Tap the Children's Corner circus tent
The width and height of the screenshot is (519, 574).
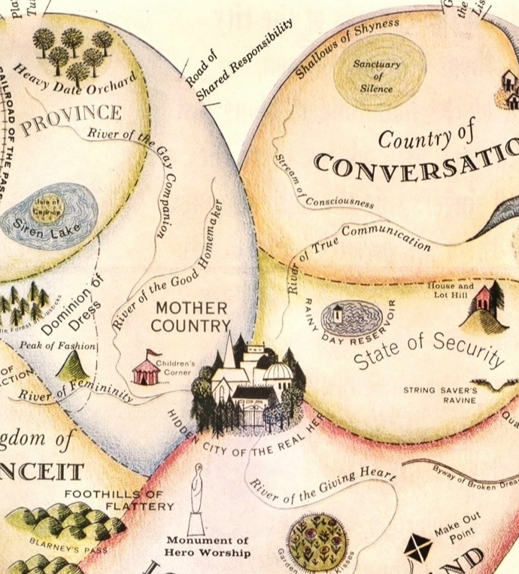pyautogui.click(x=146, y=369)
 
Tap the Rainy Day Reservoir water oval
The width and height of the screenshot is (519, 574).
pyautogui.click(x=354, y=318)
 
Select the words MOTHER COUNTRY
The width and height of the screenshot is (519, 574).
pyautogui.click(x=190, y=317)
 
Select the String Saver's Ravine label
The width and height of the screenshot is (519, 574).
pyautogui.click(x=440, y=395)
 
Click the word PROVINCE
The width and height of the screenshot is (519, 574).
pyautogui.click(x=71, y=120)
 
